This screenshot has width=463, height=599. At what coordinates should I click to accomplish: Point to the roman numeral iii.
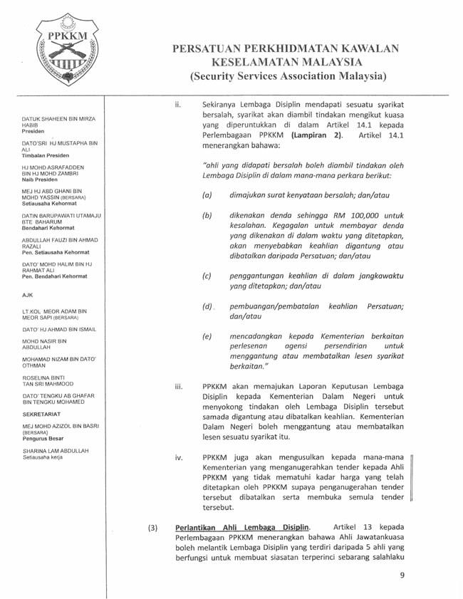pos(179,387)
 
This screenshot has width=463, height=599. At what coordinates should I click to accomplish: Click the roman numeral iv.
pos(179,457)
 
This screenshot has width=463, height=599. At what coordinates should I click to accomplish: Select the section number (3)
pos(152,528)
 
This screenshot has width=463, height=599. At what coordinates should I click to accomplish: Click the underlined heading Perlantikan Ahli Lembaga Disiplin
pos(242,528)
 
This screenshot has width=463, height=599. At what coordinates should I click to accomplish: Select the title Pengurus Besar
pos(44,439)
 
